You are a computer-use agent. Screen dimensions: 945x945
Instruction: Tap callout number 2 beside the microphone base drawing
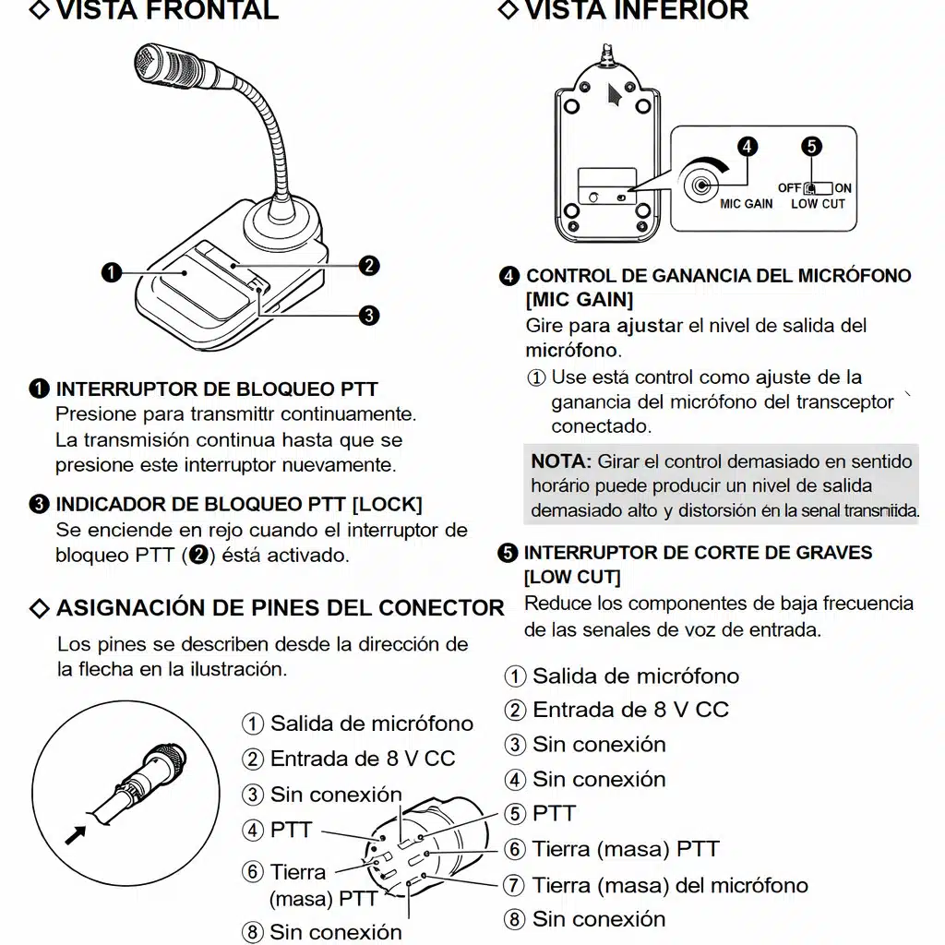pyautogui.click(x=369, y=266)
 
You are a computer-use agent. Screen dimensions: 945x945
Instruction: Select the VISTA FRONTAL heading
pyautogui.click(x=166, y=11)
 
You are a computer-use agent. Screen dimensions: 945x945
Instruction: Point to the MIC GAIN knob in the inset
pyautogui.click(x=704, y=183)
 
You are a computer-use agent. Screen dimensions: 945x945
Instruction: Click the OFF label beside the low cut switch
pyautogui.click(x=789, y=188)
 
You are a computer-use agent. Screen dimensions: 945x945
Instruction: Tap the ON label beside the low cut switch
pyautogui.click(x=843, y=188)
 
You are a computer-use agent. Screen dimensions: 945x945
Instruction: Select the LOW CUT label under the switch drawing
pyautogui.click(x=818, y=204)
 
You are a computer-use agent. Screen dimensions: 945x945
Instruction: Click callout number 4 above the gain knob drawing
pyautogui.click(x=747, y=146)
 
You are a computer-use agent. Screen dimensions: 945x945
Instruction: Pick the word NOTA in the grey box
pyautogui.click(x=560, y=461)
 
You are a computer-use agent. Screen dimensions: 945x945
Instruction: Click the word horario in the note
pyautogui.click(x=560, y=486)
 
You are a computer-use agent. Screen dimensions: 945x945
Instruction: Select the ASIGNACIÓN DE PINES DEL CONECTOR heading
pyautogui.click(x=280, y=608)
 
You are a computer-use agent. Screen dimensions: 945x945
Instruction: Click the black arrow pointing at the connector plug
pyautogui.click(x=76, y=834)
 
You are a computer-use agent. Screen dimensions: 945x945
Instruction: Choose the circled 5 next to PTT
pyautogui.click(x=514, y=814)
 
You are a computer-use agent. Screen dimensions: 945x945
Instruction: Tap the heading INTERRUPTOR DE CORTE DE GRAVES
pyautogui.click(x=697, y=553)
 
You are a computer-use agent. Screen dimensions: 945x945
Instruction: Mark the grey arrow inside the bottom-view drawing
pyautogui.click(x=613, y=95)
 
